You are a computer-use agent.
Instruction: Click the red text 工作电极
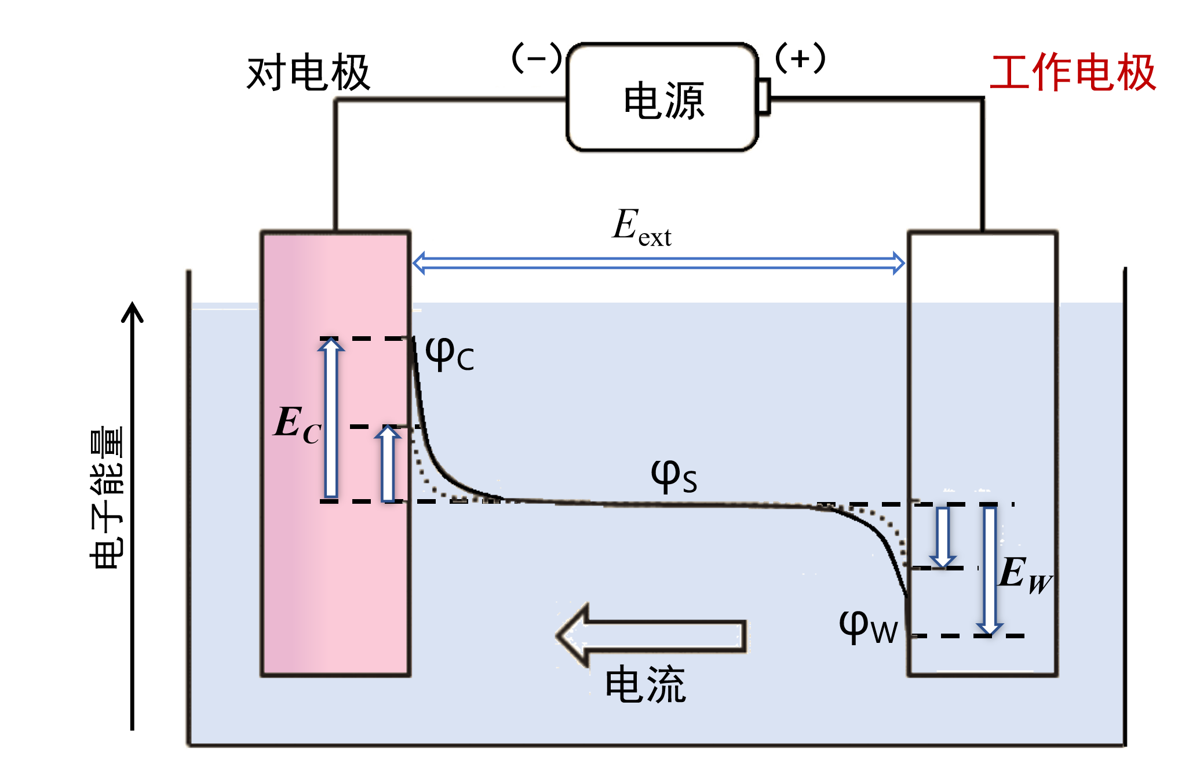tap(1073, 73)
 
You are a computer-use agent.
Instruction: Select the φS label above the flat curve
tap(673, 477)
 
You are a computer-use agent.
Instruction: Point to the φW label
tap(868, 628)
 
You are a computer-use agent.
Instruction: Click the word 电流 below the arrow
tap(645, 685)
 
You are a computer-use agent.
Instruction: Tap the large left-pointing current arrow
tap(649, 635)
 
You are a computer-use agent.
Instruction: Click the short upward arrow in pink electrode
tap(388, 464)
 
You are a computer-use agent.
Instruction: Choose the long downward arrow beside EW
tap(990, 570)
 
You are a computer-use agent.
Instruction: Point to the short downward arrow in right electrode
tap(943, 537)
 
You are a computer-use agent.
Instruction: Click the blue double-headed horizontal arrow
tap(658, 263)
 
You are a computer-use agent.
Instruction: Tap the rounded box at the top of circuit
tap(661, 97)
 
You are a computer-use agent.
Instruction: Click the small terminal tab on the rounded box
tap(766, 97)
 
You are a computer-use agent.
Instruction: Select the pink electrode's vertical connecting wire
tap(335, 168)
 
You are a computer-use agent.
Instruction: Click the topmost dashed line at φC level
tap(365, 339)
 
